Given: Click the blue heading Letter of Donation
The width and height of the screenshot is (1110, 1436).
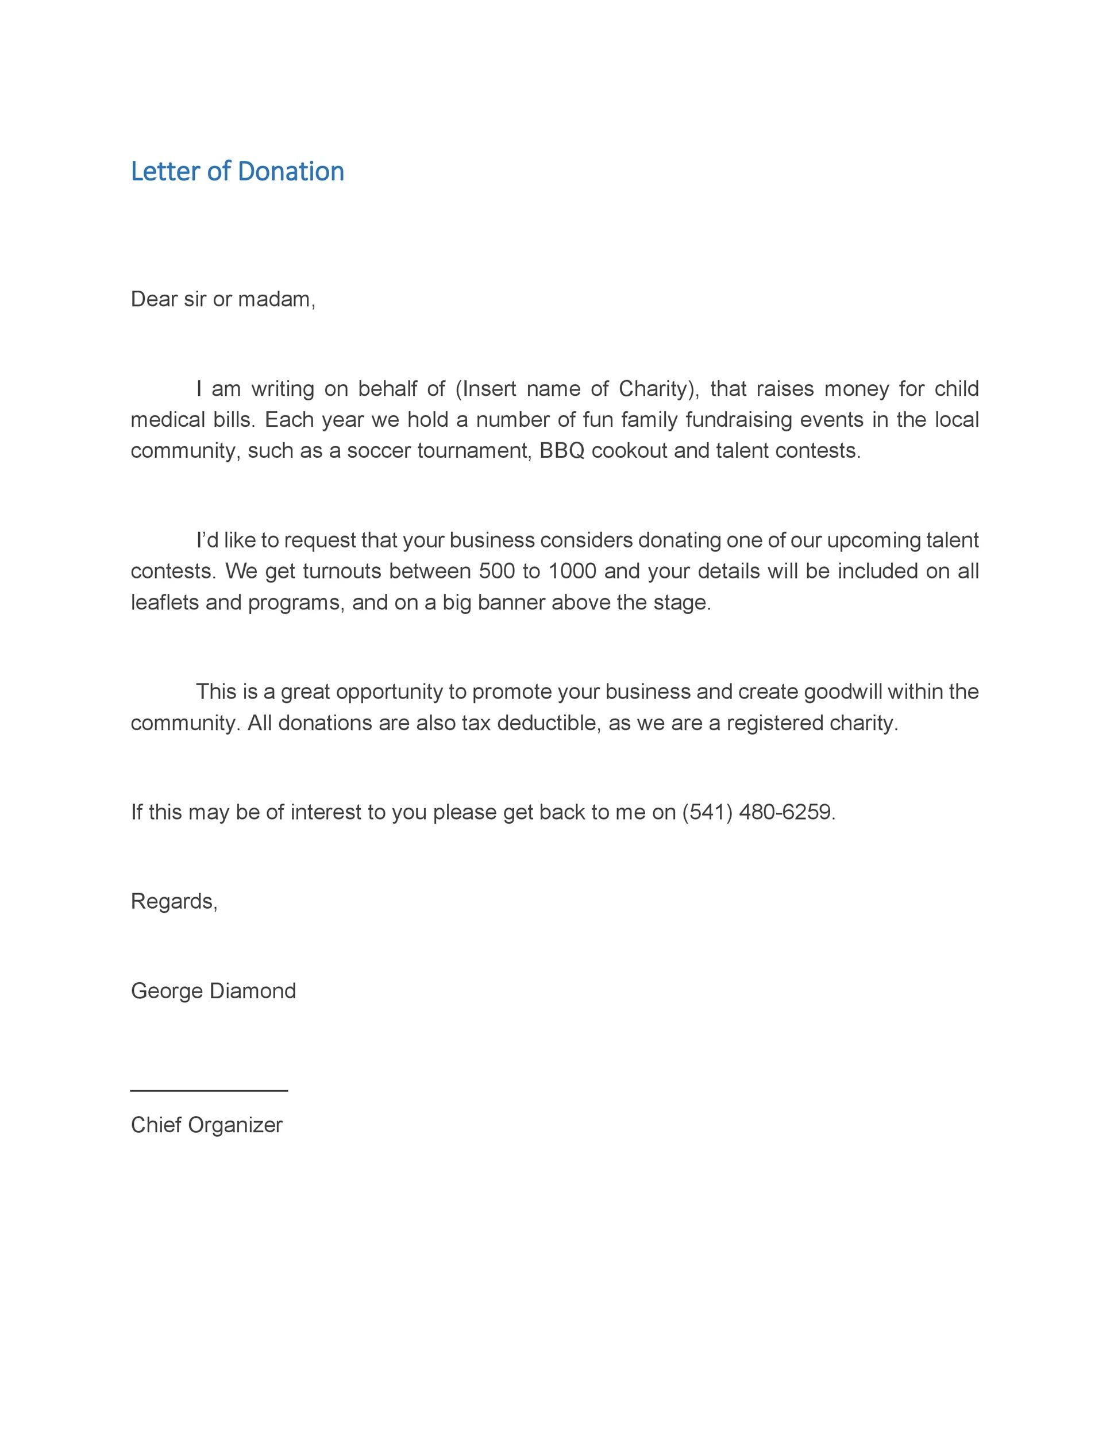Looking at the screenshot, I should tap(237, 171).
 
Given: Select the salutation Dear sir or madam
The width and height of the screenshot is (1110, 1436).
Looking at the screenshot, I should tap(223, 299).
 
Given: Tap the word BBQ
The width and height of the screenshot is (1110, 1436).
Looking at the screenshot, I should tap(561, 451).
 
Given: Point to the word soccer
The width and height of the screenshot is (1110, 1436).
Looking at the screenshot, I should tap(379, 451).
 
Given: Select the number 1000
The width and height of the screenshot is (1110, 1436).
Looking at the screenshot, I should tap(572, 571).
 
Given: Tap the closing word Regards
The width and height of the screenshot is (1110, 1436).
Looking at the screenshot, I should tap(174, 901).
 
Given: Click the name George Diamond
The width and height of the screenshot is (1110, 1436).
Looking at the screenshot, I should tap(213, 991).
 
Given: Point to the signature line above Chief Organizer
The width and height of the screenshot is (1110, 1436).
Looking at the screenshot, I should tap(209, 1090).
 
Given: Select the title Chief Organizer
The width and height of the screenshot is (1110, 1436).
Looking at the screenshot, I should tap(206, 1125).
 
